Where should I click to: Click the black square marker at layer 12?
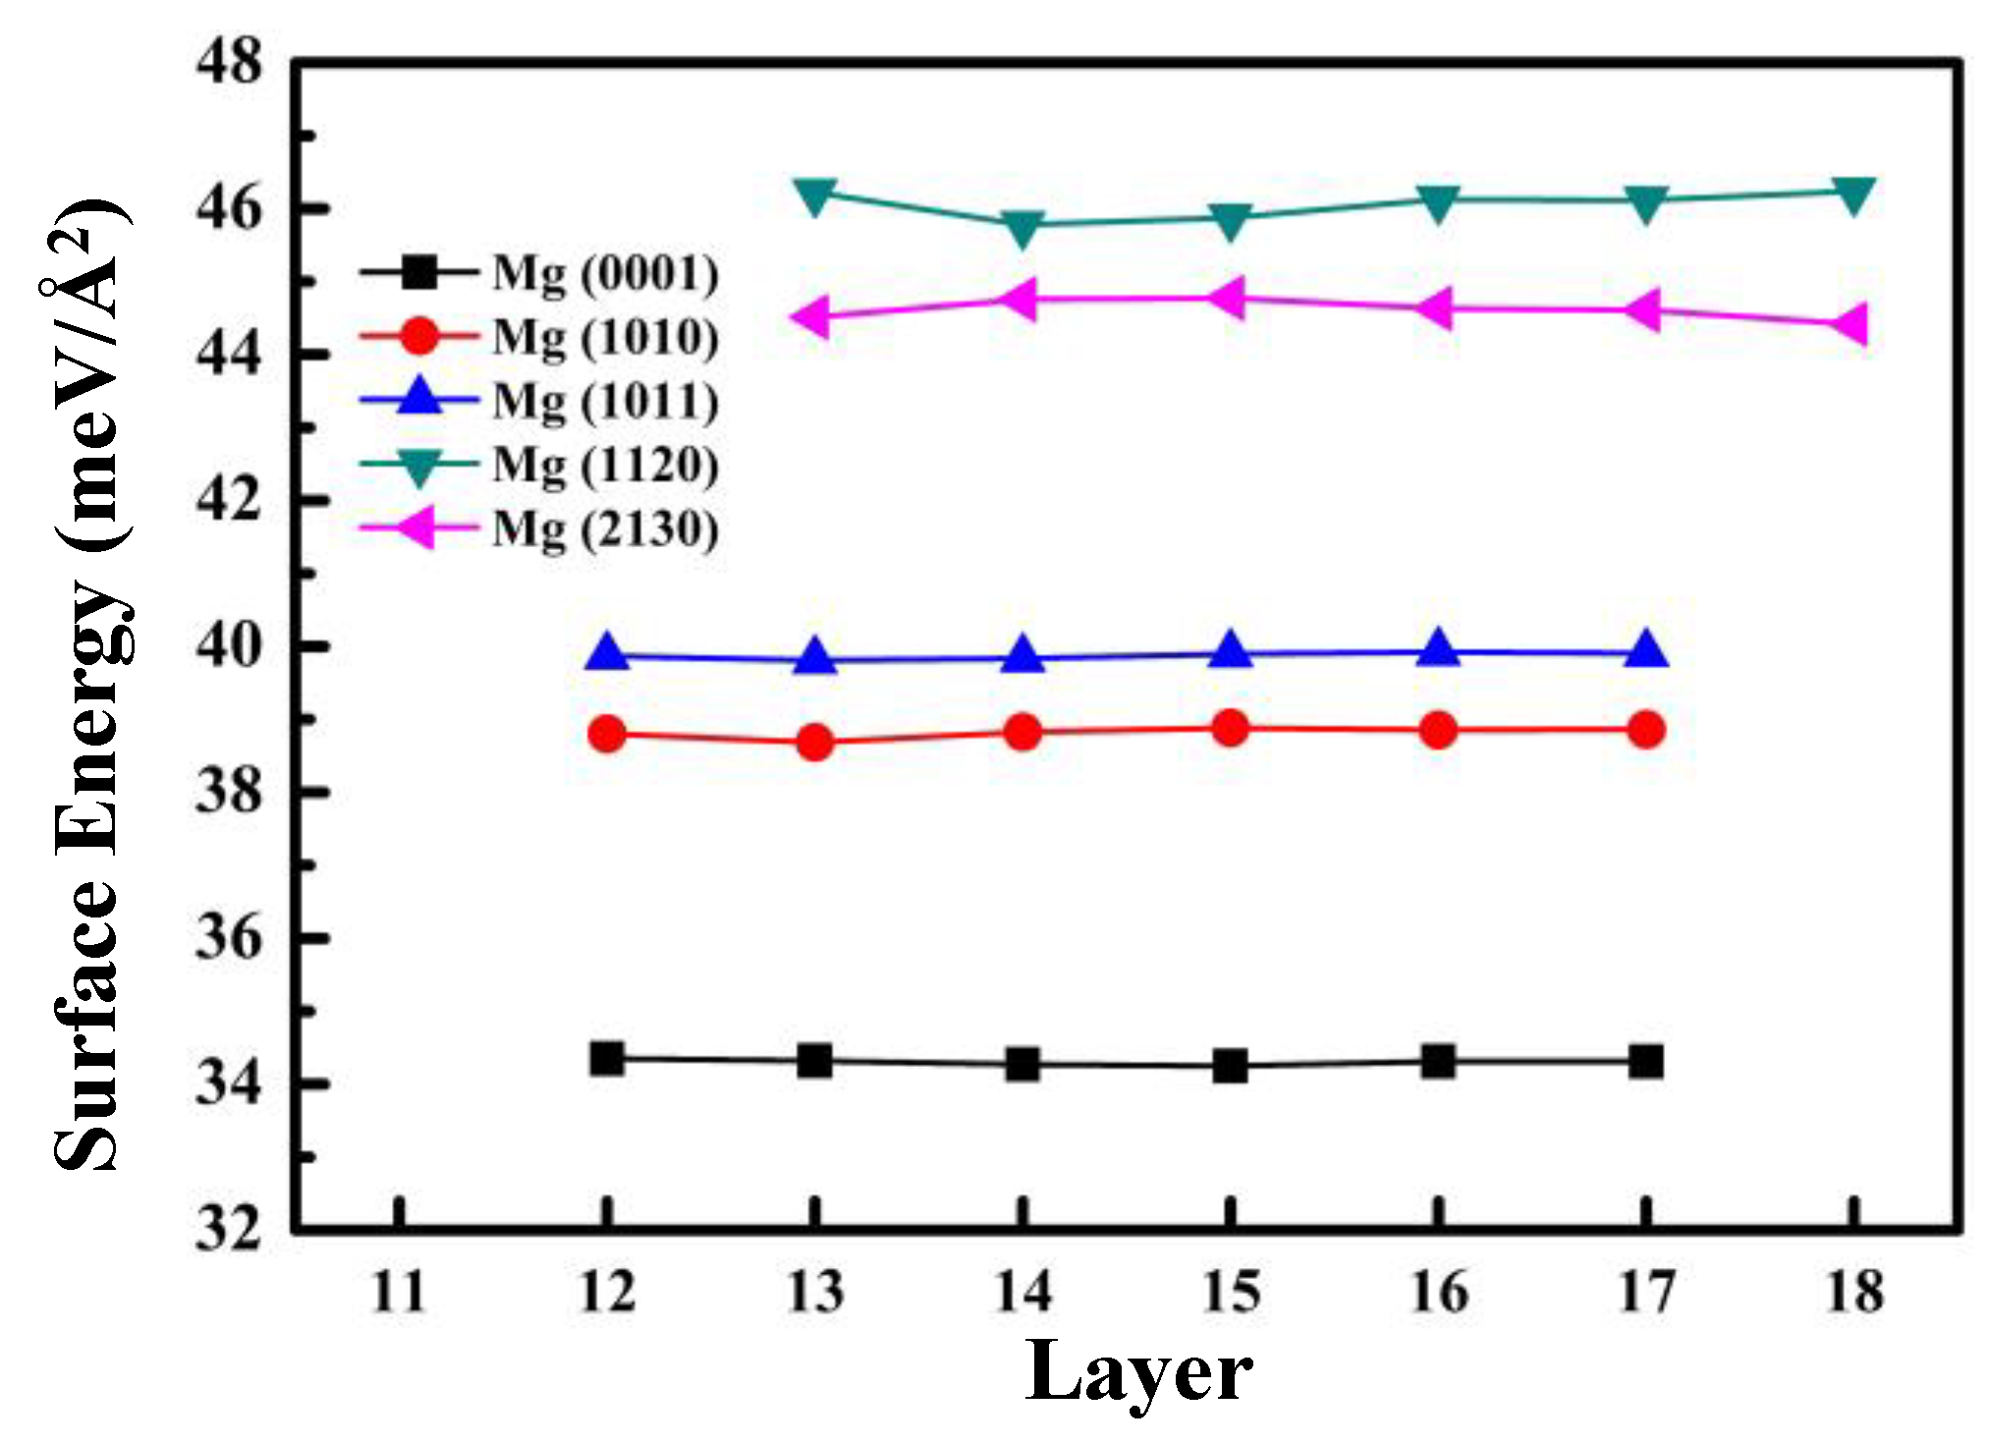pos(607,1059)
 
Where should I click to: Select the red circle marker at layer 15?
pos(1230,729)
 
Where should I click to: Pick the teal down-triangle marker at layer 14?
pos(1023,228)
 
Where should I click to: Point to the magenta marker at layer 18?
pos(1851,323)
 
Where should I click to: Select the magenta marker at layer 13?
pos(813,316)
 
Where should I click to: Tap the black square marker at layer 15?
pos(1230,1066)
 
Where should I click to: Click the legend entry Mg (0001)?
pos(605,273)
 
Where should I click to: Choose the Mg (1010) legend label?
pos(605,338)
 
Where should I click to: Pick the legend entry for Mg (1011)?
pos(605,402)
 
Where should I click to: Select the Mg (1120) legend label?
pos(605,466)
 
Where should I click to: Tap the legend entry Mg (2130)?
pos(605,529)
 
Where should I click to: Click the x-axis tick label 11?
pos(399,1292)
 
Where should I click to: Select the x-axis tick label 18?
pos(1854,1292)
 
